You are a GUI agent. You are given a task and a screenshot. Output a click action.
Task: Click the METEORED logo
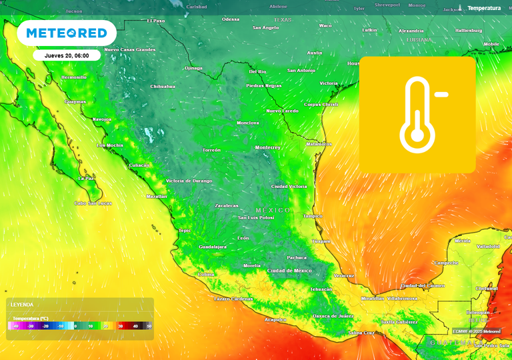point(67,33)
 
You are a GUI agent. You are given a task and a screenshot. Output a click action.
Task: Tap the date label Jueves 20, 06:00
point(67,55)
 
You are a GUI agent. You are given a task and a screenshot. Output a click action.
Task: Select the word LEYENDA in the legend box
point(22,304)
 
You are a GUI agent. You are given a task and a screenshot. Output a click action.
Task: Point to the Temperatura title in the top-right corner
point(483,8)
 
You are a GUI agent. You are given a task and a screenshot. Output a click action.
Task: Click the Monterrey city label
point(268,147)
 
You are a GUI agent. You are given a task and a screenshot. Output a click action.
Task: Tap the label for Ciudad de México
point(289,271)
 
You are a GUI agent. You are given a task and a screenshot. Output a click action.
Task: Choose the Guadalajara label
point(212,247)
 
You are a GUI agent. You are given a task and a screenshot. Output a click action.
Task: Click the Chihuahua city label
point(163,87)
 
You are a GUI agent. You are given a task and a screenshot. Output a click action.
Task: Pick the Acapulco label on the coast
point(277,319)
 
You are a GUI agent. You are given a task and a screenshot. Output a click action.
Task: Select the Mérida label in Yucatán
point(462,241)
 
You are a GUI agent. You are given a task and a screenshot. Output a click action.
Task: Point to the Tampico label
point(312,216)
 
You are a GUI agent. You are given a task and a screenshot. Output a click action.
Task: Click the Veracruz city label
point(343,275)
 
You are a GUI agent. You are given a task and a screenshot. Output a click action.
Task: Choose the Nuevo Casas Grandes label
point(130,50)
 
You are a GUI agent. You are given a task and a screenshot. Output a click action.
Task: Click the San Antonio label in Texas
point(301,71)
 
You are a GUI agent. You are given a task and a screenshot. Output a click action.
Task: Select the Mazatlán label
point(157,197)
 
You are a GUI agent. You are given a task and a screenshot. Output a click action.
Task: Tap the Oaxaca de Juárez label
point(333,315)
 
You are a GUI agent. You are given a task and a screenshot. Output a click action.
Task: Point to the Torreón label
point(211,151)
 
